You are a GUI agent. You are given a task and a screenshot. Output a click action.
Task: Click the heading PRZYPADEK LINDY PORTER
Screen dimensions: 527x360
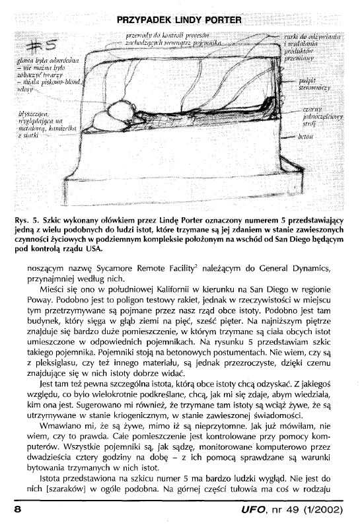pyautogui.click(x=180, y=19)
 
